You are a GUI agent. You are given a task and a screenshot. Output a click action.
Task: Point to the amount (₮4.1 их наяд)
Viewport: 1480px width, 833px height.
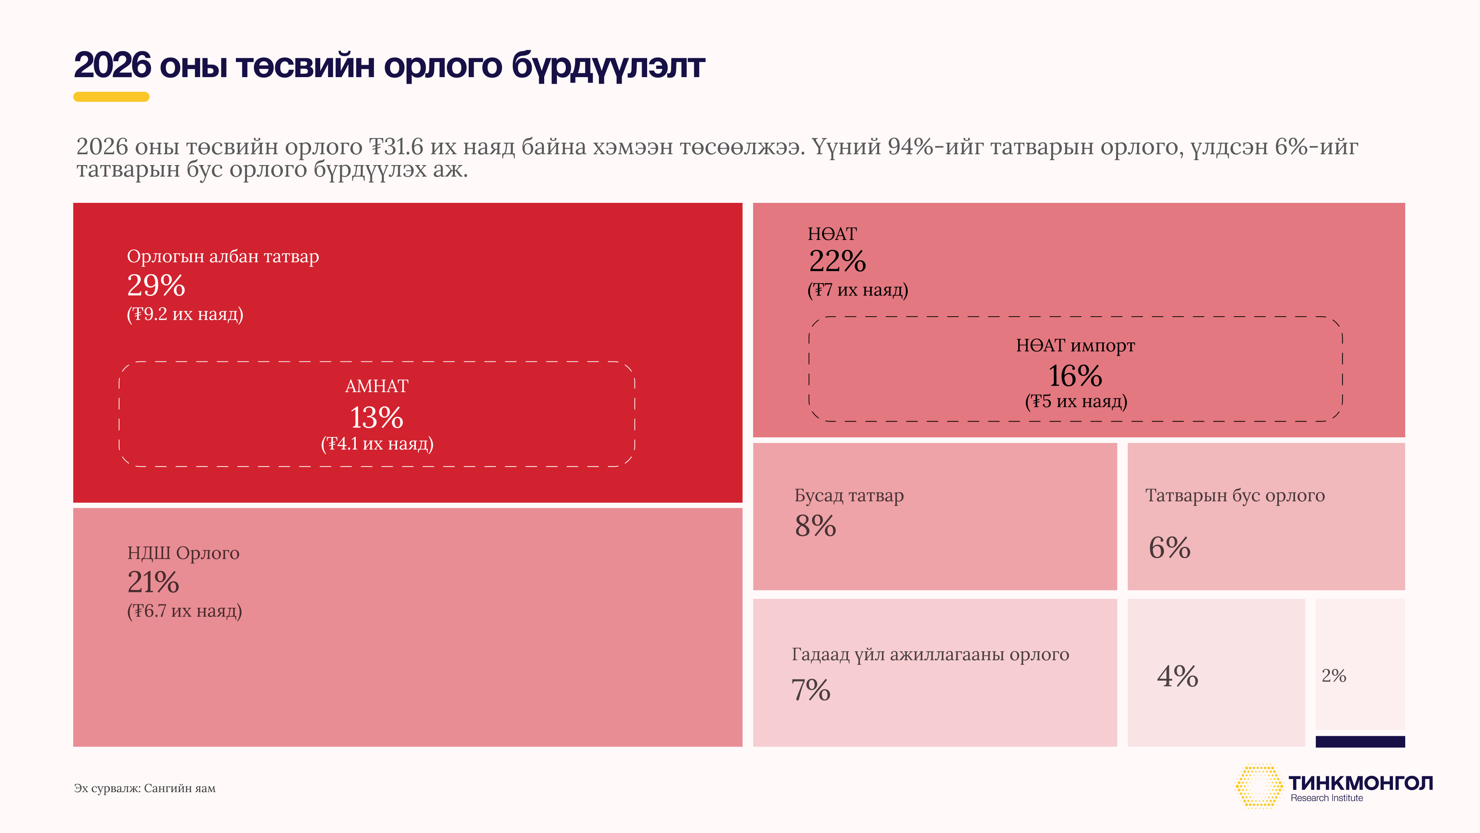377,444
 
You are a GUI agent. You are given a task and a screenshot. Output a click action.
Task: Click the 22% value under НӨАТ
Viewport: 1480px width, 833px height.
837,261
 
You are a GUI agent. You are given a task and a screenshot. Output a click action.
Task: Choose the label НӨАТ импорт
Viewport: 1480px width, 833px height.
1075,346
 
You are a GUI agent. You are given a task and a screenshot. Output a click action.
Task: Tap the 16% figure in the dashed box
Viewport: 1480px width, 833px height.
1075,376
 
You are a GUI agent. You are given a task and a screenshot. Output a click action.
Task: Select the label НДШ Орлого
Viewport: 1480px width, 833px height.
183,553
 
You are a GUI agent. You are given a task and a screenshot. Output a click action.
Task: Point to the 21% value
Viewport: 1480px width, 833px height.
153,582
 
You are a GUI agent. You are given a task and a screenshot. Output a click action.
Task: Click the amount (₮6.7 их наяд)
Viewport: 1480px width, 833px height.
185,610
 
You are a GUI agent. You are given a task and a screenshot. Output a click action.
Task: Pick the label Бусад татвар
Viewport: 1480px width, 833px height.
849,496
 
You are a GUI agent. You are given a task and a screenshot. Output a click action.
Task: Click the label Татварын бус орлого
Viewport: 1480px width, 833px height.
1234,496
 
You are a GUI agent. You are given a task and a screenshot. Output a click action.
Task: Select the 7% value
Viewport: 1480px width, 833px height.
811,690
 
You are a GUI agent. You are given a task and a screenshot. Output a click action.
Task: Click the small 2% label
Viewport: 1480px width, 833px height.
1334,676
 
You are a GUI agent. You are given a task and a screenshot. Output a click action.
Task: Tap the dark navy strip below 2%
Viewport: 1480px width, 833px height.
1360,742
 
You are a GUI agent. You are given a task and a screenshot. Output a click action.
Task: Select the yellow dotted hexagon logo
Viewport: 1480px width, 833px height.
1258,786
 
